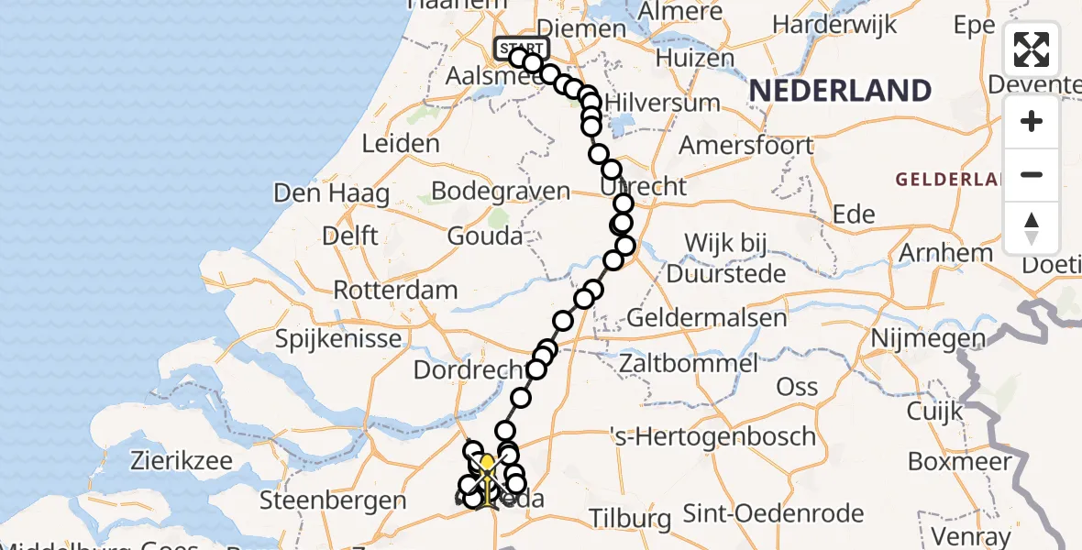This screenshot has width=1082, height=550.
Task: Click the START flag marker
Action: (x=522, y=49)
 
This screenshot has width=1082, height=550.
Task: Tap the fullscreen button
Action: (x=1032, y=49)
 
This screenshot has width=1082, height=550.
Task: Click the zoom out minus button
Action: (x=1032, y=174)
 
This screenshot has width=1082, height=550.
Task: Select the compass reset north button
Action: (x=1032, y=227)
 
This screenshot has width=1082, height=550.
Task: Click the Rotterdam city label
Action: (x=395, y=291)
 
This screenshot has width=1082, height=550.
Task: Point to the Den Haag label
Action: (x=331, y=194)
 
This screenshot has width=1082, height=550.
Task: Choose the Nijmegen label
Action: (x=928, y=339)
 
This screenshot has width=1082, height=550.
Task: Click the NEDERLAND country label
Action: (x=840, y=91)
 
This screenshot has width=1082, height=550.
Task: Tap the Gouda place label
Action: (x=485, y=236)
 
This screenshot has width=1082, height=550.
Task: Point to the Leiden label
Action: (x=401, y=144)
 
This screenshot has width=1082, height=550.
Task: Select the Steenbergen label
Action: (x=333, y=500)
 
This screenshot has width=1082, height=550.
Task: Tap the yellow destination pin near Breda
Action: (x=487, y=463)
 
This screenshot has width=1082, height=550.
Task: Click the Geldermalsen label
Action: (x=707, y=318)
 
